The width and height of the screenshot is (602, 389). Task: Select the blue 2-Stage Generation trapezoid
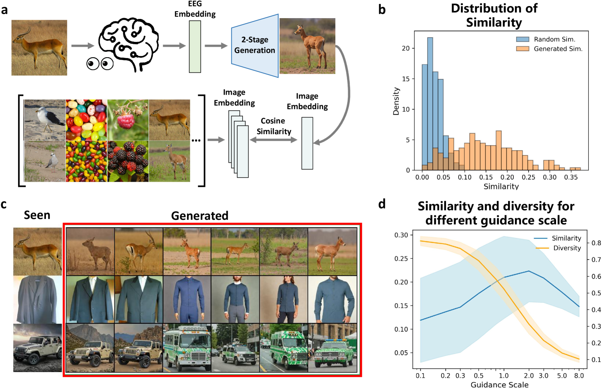255,45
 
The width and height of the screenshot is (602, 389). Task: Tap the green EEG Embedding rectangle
195,47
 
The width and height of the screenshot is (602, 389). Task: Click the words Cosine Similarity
274,126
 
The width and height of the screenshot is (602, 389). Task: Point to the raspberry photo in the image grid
128,120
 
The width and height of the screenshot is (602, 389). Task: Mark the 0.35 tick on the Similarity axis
571,177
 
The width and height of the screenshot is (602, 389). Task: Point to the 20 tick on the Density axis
405,48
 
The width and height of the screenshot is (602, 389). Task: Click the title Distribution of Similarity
494,15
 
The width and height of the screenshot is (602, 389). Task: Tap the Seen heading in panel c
37,215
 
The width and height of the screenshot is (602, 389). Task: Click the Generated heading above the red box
199,216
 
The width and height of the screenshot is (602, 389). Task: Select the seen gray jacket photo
37,299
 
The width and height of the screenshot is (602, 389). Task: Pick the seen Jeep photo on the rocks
37,348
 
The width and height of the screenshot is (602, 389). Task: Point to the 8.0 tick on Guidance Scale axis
579,376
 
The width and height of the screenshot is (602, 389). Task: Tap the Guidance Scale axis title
499,385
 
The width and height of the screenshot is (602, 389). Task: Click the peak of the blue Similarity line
529,271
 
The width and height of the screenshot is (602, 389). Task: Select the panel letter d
382,204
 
